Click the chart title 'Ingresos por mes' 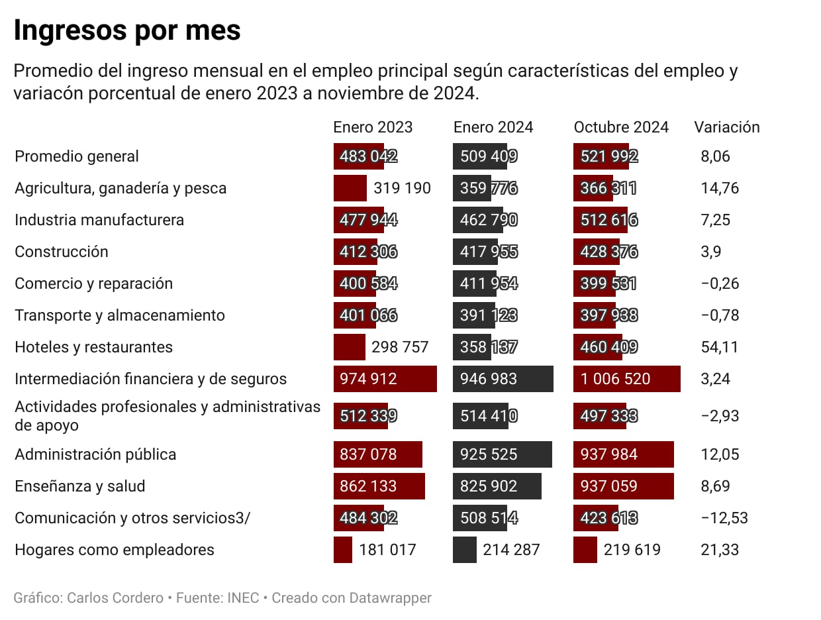tap(127, 30)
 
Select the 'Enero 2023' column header tap(373, 127)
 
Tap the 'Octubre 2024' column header tap(621, 127)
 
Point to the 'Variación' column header tap(726, 127)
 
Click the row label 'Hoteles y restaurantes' tap(93, 347)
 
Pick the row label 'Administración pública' tap(95, 454)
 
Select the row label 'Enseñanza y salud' tap(79, 486)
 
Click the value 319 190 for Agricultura tap(402, 188)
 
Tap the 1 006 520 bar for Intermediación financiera tap(626, 379)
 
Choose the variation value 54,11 tap(720, 347)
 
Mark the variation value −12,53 tap(724, 518)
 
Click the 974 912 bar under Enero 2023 tap(385, 379)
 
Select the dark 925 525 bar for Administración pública tap(503, 454)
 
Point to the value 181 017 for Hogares tap(387, 550)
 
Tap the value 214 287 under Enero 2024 tap(510, 550)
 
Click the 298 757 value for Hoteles tap(400, 347)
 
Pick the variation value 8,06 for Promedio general tap(715, 156)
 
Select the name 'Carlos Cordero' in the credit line tap(115, 598)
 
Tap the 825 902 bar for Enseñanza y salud tap(497, 486)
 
